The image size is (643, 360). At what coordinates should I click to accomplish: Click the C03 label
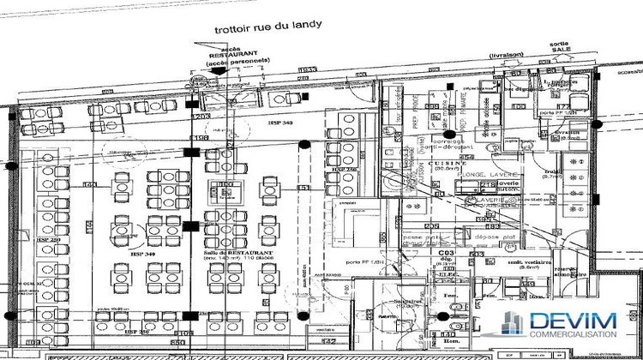coord(446,255)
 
